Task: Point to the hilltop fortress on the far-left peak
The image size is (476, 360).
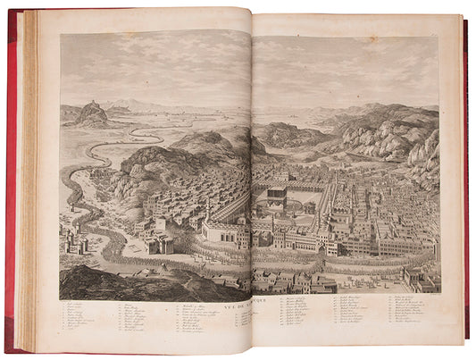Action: coord(93,110)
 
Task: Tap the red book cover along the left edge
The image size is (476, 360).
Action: coord(11,179)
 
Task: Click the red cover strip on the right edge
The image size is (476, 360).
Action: coord(465,179)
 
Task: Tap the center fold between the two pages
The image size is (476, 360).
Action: coord(251,179)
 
